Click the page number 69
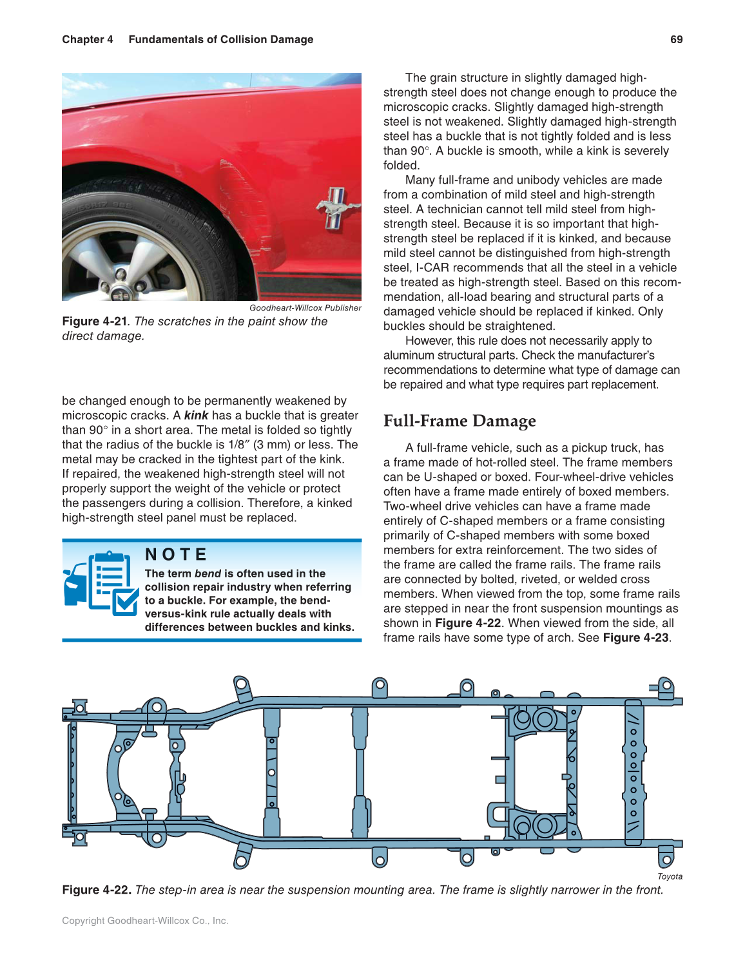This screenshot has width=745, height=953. pos(676,39)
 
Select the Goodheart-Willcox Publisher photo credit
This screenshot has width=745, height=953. pos(305,308)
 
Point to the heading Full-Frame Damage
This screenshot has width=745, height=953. pos(459,421)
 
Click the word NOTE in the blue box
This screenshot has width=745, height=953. pos(176,555)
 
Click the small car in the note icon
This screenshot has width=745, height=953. pos(75,583)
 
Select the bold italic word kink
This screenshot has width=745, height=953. pos(196,416)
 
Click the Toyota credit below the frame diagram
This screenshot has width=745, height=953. pos(670,876)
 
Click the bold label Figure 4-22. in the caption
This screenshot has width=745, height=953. pos(97,890)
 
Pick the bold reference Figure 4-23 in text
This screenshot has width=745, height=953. pos(635,638)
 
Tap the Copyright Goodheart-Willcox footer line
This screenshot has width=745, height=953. pos(145,921)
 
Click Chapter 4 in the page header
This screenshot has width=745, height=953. pos(87,39)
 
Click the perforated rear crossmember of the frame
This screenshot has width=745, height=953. pos(634,772)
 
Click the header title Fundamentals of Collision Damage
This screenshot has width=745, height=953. pos(220,39)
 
